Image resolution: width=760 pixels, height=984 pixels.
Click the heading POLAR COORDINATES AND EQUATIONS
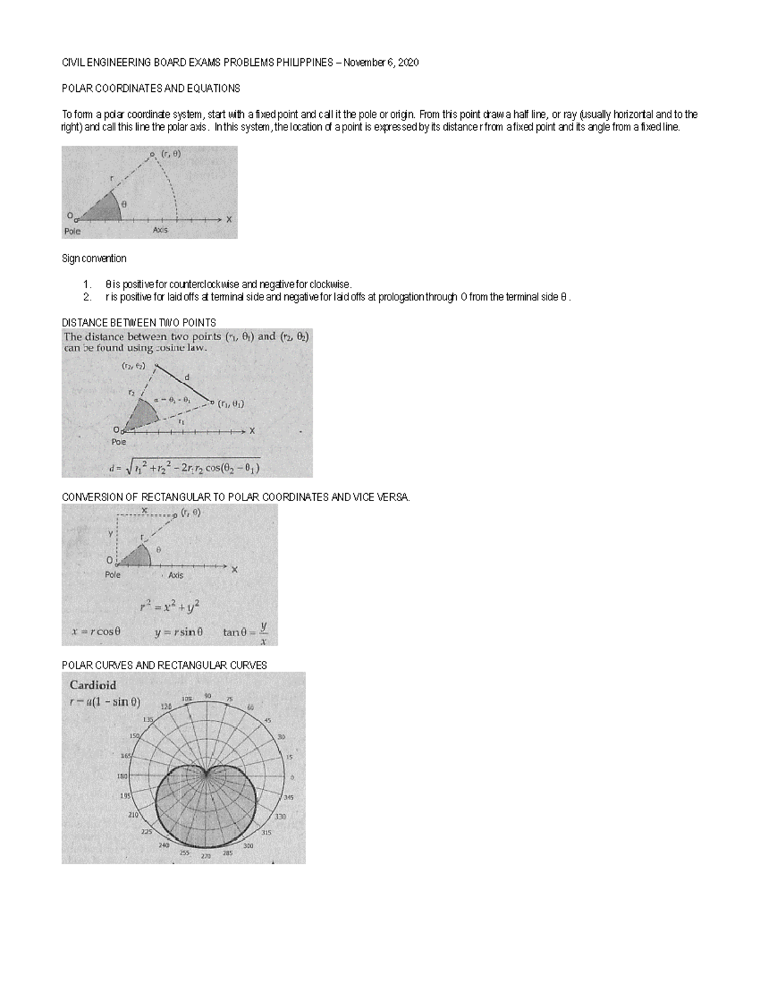pyautogui.click(x=151, y=88)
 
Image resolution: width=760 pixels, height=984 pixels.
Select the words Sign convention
pyautogui.click(x=94, y=259)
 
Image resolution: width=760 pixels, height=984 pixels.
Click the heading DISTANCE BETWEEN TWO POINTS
pyautogui.click(x=139, y=323)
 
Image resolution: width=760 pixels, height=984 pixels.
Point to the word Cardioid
pyautogui.click(x=92, y=685)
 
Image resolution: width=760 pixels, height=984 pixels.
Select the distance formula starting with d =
pyautogui.click(x=184, y=468)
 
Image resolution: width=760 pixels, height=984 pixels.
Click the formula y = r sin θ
pyautogui.click(x=179, y=632)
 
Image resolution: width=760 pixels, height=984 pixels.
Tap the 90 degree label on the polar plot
pyautogui.click(x=207, y=696)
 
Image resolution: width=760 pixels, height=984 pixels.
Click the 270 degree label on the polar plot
pyautogui.click(x=206, y=856)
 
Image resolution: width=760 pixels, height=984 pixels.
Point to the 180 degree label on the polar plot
pyautogui.click(x=123, y=776)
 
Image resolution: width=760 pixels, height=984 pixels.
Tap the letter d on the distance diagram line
pyautogui.click(x=186, y=378)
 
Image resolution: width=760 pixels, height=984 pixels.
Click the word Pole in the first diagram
pyautogui.click(x=72, y=231)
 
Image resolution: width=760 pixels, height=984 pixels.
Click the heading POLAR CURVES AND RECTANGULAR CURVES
pyautogui.click(x=164, y=665)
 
